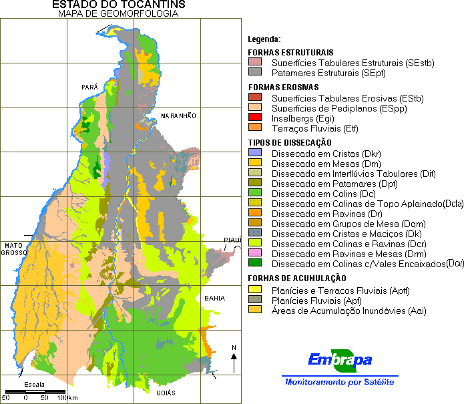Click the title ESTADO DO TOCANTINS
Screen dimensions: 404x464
[x=119, y=5]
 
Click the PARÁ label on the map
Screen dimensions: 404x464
[x=89, y=87]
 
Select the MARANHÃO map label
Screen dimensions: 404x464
[x=178, y=116]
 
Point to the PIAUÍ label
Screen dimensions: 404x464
[x=232, y=240]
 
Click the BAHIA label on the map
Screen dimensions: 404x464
[x=215, y=298]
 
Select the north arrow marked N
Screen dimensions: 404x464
[x=233, y=361]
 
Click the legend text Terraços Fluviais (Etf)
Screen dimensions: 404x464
[x=314, y=128]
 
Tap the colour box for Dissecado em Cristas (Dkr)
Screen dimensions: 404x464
[x=254, y=154]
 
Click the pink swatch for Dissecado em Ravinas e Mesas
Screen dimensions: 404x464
[x=254, y=254]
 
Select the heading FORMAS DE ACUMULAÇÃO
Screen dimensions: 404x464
[x=296, y=278]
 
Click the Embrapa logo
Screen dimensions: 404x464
[x=340, y=361]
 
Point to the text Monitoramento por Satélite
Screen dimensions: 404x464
[x=339, y=382]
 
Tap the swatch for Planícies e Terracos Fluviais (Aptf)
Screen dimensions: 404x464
[x=254, y=290]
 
